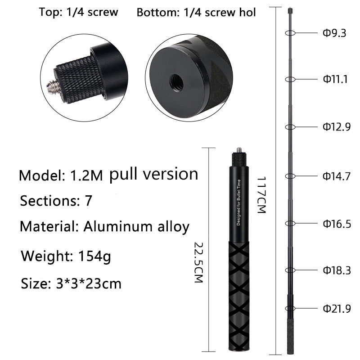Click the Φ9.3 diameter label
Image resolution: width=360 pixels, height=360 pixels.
(334, 33)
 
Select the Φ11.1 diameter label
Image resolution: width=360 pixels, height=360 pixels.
(335, 79)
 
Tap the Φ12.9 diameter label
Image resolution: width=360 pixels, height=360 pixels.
(337, 127)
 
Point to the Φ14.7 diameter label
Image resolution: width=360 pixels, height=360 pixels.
(337, 176)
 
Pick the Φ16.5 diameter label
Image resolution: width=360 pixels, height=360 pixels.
(337, 224)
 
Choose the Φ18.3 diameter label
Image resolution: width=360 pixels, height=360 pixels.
(337, 270)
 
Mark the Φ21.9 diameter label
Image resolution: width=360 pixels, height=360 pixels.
(337, 309)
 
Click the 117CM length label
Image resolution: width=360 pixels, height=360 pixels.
(261, 195)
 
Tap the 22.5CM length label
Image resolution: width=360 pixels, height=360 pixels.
(199, 262)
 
